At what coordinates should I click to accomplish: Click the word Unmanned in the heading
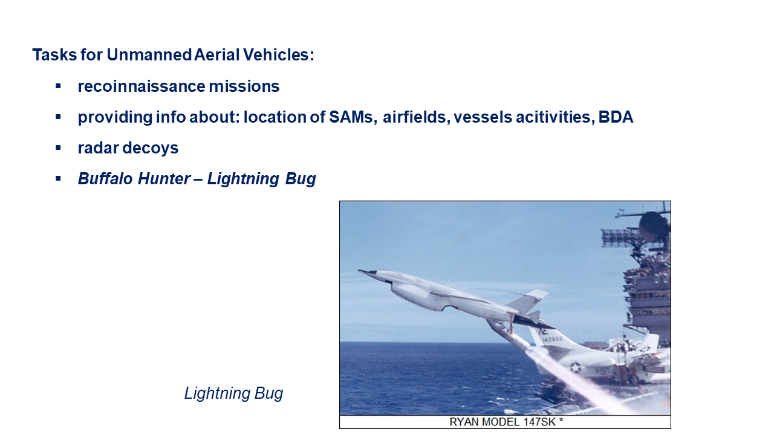[149, 54]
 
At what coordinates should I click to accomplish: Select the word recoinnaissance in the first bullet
[141, 86]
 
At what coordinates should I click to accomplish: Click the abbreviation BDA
[616, 117]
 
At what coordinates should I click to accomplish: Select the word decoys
[151, 149]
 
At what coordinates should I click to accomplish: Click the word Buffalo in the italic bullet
[105, 179]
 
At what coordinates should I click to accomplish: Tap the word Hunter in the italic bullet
[164, 179]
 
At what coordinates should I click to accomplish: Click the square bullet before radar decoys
[58, 148]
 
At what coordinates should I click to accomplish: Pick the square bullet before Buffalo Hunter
[58, 178]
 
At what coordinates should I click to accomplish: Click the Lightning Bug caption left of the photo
[233, 393]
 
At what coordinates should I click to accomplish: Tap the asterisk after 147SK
[561, 420]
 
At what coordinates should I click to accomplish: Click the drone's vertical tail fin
[528, 300]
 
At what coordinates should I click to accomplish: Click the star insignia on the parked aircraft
[574, 367]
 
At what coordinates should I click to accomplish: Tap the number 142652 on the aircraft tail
[553, 340]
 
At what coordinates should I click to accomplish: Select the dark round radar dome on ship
[653, 227]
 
